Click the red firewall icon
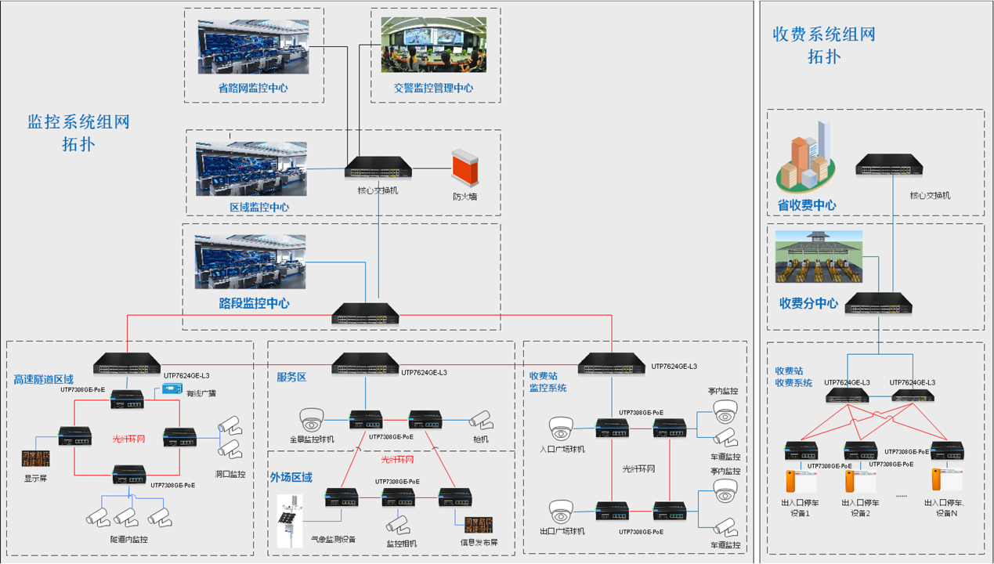point(464,168)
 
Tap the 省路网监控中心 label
point(252,89)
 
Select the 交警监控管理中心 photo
point(433,45)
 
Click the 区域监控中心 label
point(259,208)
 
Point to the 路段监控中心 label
point(254,303)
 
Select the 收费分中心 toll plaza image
point(819,257)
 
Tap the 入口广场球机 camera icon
point(561,428)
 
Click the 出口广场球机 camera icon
point(561,512)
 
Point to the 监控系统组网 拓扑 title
point(78,133)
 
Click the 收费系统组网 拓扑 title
point(824,45)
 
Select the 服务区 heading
point(291,377)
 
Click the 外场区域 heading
point(291,477)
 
